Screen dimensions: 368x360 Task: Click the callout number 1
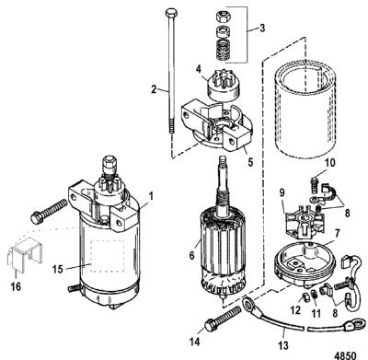click(151, 196)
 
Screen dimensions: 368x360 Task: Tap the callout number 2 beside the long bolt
click(154, 89)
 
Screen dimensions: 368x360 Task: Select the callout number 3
click(261, 28)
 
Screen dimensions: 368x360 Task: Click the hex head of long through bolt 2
click(170, 13)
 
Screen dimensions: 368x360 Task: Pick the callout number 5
click(250, 162)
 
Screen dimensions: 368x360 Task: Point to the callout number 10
click(329, 163)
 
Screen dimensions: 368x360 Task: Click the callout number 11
click(316, 313)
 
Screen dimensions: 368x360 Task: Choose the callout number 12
click(295, 310)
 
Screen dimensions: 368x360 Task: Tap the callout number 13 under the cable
click(283, 345)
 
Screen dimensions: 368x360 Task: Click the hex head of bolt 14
click(211, 325)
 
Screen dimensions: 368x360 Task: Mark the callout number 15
click(57, 269)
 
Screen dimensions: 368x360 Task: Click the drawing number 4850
click(345, 354)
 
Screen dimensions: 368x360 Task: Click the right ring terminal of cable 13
click(357, 325)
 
